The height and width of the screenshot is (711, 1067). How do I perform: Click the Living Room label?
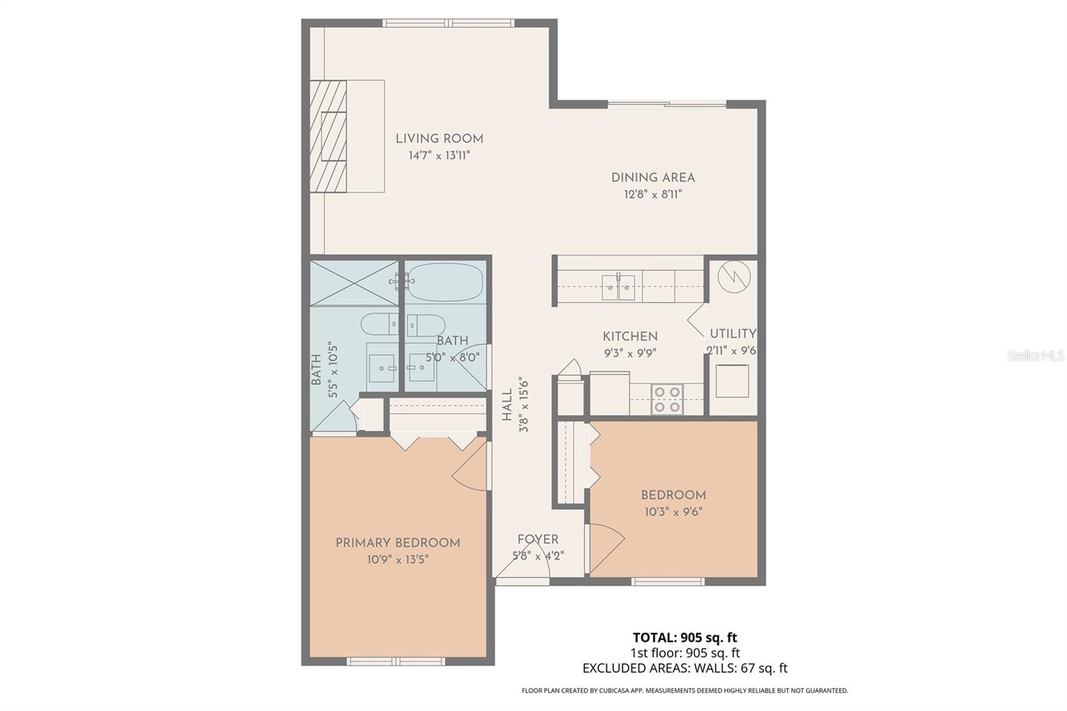coord(439,139)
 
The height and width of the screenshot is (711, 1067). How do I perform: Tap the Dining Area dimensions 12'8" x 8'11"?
coord(653,195)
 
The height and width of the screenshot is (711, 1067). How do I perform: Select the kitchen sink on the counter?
coord(618,288)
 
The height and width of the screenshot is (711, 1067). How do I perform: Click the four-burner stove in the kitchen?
coord(666,399)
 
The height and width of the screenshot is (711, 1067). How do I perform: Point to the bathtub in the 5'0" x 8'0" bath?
coord(445,281)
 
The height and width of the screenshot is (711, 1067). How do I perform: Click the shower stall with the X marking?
coord(354,283)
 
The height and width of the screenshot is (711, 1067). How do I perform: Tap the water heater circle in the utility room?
coord(734,275)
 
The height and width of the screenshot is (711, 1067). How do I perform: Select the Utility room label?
coord(733,333)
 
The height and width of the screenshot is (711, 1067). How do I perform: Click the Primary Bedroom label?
coord(397,543)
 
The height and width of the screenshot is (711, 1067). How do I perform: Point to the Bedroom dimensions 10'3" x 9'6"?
coord(673,512)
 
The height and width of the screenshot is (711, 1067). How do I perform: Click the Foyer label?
coord(538,540)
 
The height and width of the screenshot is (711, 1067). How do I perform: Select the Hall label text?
coord(507,405)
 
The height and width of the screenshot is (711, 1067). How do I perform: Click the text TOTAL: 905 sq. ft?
coord(685,638)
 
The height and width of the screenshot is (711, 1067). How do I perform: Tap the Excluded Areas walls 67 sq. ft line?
coord(685,668)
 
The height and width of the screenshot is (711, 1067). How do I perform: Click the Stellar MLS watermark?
coord(1036,356)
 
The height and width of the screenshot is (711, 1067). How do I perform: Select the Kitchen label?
coord(630,336)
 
